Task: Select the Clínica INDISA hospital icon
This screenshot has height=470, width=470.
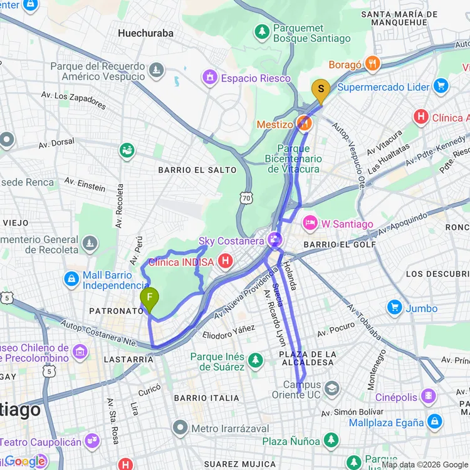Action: coord(226,262)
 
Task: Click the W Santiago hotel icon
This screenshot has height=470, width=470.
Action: coord(309,223)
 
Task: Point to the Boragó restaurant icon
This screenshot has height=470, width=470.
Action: coord(373,63)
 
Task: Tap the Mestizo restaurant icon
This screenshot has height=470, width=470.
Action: coord(304,124)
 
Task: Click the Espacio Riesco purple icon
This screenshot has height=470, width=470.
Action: coord(209,78)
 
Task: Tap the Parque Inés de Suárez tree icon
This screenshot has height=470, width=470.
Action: coord(255,360)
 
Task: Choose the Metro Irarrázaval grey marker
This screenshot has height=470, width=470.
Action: coord(180,429)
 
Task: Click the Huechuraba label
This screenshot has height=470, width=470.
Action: coord(146,33)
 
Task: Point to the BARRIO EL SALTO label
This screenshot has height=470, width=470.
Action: coord(197,170)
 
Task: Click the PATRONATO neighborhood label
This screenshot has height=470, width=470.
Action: coord(117,311)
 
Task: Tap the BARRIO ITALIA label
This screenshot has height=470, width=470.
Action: coord(207,398)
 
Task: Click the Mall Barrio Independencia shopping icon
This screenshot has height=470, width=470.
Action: coord(71,278)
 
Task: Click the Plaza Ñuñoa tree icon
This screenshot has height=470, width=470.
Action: coord(332,441)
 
